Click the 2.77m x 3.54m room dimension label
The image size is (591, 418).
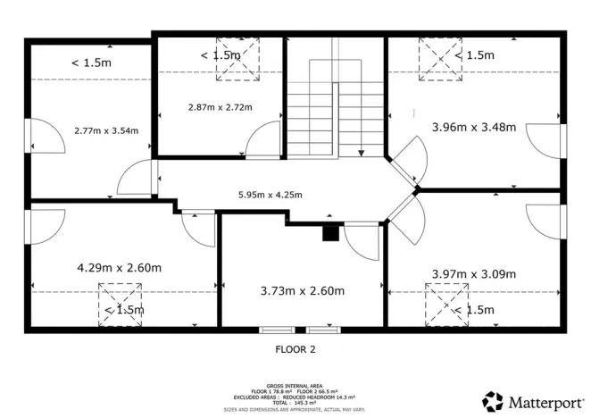pyautogui.click(x=106, y=130)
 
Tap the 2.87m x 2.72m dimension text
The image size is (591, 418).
pyautogui.click(x=220, y=107)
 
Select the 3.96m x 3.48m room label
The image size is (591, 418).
pyautogui.click(x=473, y=127)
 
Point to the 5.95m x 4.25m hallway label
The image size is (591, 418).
pyautogui.click(x=270, y=195)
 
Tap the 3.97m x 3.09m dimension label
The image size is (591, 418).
pyautogui.click(x=473, y=274)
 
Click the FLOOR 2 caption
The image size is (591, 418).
pyautogui.click(x=295, y=349)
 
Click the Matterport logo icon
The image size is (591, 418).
pyautogui.click(x=493, y=401)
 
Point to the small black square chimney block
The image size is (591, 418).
pyautogui.click(x=330, y=233)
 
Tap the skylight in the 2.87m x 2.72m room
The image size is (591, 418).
pyautogui.click(x=235, y=59)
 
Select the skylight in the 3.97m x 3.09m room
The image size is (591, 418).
pyautogui.click(x=445, y=304)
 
